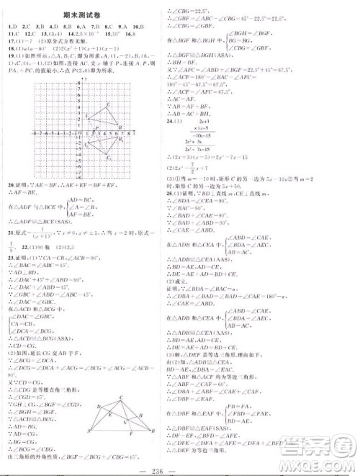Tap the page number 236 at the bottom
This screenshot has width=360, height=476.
[180, 467]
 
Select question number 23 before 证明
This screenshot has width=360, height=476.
[10, 266]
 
